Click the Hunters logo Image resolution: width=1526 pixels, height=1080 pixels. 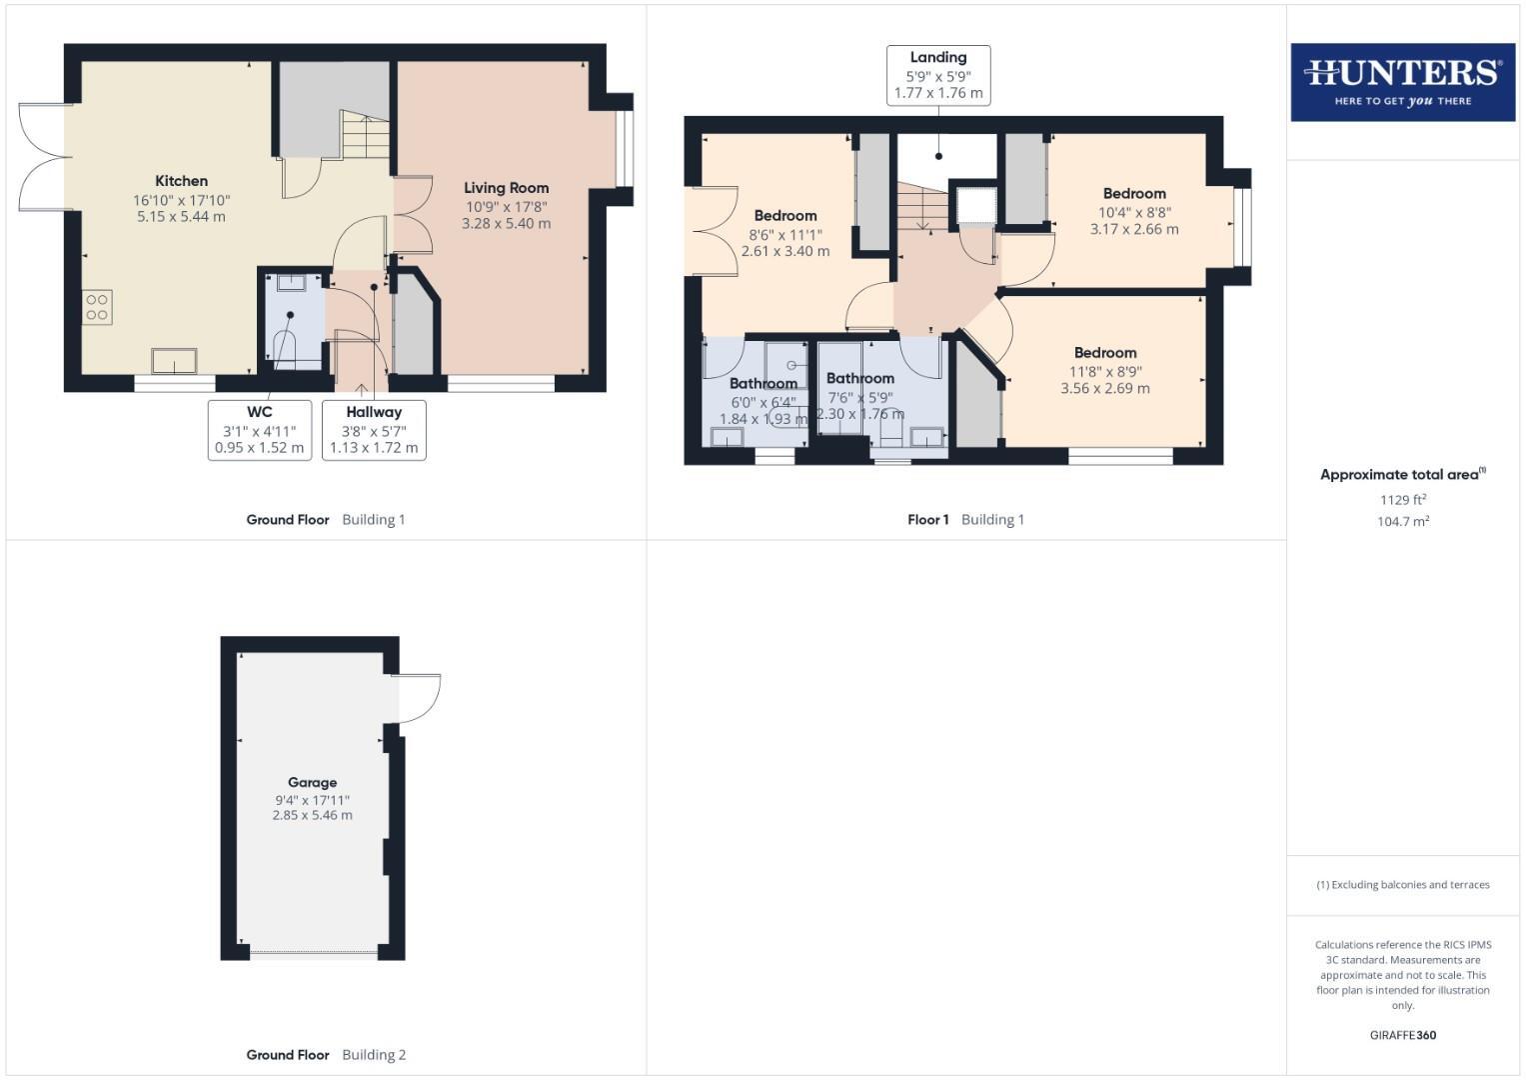[1402, 82]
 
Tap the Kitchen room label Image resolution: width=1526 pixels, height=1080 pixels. [181, 181]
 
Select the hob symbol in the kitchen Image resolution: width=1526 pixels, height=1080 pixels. [97, 307]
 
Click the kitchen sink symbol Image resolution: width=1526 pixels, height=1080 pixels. [174, 361]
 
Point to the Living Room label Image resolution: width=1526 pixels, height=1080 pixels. [506, 188]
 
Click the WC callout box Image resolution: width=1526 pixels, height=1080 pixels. [260, 430]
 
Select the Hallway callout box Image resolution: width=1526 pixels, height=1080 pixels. [374, 430]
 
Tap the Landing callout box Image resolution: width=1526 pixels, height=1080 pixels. [938, 75]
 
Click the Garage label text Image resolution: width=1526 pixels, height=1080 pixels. [312, 782]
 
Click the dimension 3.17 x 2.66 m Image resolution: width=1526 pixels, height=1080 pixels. [1134, 229]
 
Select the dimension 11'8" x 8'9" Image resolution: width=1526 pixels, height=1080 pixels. [1105, 371]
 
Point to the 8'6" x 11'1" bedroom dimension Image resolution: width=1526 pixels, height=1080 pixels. [785, 234]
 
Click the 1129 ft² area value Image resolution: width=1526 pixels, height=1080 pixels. [1402, 499]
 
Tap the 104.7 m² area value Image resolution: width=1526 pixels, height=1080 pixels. [1402, 521]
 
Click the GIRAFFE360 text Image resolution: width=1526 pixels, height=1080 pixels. [1402, 1035]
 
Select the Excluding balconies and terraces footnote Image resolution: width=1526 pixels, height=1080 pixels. [1402, 885]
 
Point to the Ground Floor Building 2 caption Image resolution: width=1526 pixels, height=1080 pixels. [326, 1054]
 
